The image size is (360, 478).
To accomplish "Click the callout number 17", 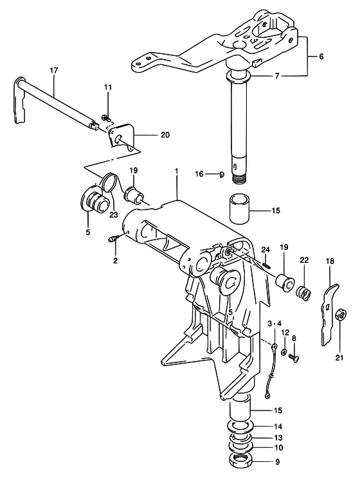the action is tap(53, 71).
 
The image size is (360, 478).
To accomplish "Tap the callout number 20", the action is tap(165, 134).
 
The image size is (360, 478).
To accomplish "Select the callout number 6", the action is tap(321, 57).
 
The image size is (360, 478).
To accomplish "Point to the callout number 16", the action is tap(199, 174).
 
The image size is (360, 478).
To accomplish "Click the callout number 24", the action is tap(265, 250).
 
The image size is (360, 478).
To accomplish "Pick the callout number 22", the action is tap(304, 260).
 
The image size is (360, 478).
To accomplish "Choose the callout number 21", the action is tap(339, 358).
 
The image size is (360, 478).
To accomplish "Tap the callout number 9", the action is tap(277, 462).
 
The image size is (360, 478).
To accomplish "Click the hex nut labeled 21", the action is tap(341, 314).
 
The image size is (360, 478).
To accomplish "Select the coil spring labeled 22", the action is tap(303, 292).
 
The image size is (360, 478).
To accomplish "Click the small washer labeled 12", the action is tap(284, 353).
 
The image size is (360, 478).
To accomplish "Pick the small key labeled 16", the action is tap(222, 174).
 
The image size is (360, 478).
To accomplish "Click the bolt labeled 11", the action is tap(107, 117).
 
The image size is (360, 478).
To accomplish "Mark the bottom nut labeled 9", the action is tap(239, 458).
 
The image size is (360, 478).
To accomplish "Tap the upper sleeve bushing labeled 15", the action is tap(240, 209).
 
